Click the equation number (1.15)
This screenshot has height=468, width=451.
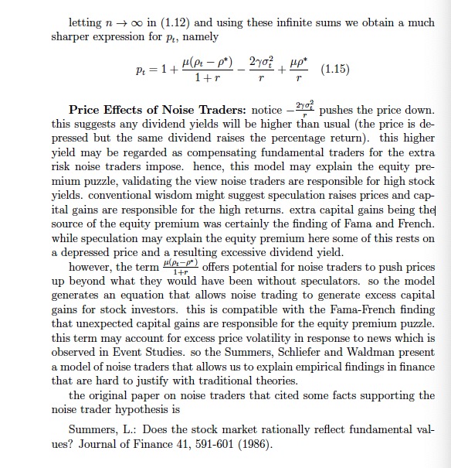tap(333, 69)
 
